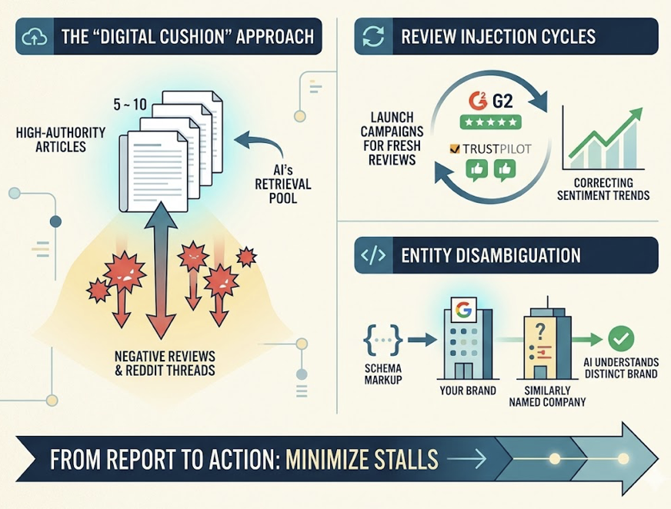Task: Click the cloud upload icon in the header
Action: pos(34,37)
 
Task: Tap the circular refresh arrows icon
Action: pos(373,36)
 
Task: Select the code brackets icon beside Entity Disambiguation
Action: pos(373,255)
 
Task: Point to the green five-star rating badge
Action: pos(491,122)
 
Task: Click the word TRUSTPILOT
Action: pos(497,149)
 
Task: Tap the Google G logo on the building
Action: pos(462,309)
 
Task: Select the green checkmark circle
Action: pos(621,339)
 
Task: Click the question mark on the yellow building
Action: pos(540,331)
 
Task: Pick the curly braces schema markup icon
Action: pos(383,340)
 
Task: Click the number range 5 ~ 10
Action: pos(130,105)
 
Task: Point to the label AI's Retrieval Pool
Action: pos(283,184)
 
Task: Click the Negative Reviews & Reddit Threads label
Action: pos(165,363)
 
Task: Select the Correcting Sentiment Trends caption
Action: pos(603,189)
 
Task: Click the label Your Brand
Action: pos(468,391)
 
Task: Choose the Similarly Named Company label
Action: pos(547,396)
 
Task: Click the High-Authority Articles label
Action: pos(61,139)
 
